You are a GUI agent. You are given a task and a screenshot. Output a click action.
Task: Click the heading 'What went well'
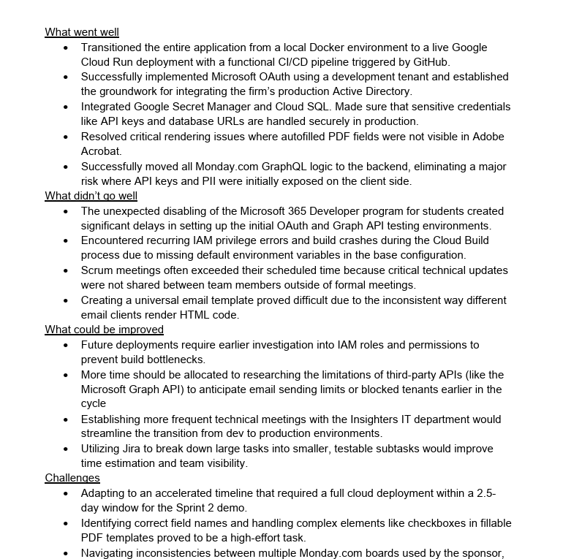pyautogui.click(x=82, y=32)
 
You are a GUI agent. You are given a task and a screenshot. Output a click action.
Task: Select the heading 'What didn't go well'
pyautogui.click(x=91, y=196)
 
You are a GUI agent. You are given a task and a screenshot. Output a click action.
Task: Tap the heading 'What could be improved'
pyautogui.click(x=104, y=330)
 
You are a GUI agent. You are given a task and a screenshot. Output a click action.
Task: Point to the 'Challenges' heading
pyautogui.click(x=72, y=478)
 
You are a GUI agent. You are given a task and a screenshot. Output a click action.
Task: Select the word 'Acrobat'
pyautogui.click(x=102, y=151)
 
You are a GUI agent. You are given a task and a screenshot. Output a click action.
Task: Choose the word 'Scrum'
pyautogui.click(x=97, y=270)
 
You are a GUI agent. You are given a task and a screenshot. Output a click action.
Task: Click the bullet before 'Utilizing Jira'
pyautogui.click(x=66, y=449)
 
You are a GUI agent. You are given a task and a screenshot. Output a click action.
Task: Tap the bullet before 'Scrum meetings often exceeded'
pyautogui.click(x=66, y=270)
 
